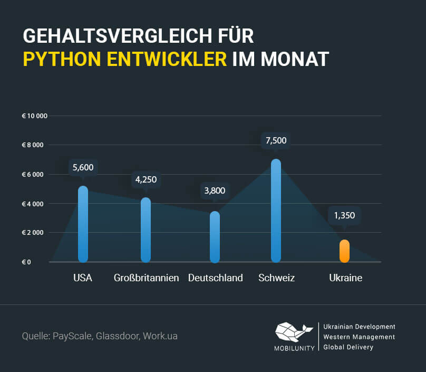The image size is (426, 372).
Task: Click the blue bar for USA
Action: [83, 224]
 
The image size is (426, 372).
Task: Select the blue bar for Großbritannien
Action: [146, 230]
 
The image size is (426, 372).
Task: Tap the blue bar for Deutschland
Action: [215, 237]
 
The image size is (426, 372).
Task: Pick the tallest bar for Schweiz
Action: [276, 211]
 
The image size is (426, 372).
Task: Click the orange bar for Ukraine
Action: [344, 251]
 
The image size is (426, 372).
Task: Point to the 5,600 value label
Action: [83, 167]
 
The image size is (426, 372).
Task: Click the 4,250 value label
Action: [146, 179]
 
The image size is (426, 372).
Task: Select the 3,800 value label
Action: [215, 191]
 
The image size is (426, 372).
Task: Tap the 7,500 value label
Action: [276, 140]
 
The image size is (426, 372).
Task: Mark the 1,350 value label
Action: [344, 215]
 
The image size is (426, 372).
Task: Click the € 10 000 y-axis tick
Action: [35, 116]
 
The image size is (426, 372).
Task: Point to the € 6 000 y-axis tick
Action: [33, 174]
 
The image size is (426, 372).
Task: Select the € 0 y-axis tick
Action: [26, 262]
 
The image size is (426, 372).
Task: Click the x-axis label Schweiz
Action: [276, 278]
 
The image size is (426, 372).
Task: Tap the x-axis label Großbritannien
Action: [147, 278]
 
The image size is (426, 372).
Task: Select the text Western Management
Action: [359, 337]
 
